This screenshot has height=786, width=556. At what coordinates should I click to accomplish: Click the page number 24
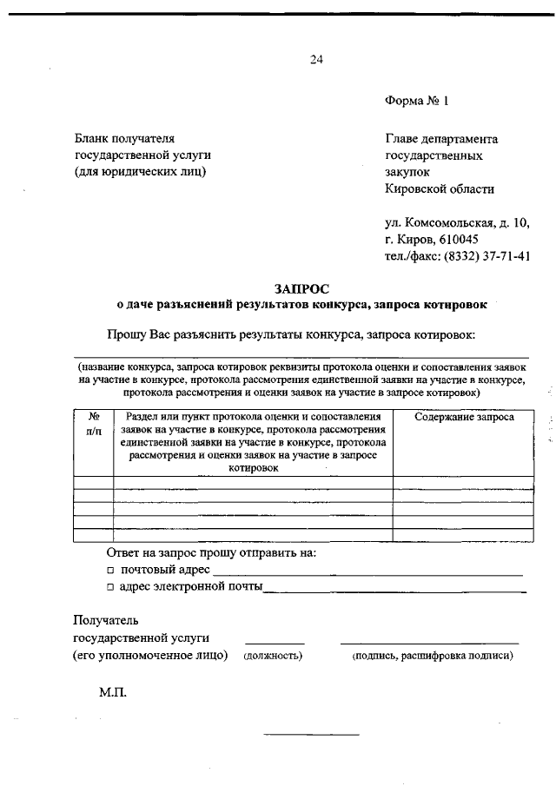[x=315, y=59]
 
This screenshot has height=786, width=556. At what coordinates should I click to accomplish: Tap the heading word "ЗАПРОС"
[x=301, y=288]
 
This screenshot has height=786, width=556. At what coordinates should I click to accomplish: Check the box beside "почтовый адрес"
[x=110, y=571]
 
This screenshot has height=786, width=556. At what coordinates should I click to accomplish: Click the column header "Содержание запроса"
[x=464, y=417]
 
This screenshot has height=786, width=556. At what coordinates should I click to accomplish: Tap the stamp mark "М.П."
[x=113, y=694]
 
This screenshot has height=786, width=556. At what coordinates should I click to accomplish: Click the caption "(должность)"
[x=273, y=656]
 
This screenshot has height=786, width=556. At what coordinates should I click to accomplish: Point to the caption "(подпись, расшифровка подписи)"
[x=432, y=656]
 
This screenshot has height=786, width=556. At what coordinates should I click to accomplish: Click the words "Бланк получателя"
[x=124, y=138]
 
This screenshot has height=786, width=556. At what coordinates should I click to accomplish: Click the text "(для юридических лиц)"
[x=141, y=172]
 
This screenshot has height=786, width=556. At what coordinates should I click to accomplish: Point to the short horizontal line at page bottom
[x=311, y=736]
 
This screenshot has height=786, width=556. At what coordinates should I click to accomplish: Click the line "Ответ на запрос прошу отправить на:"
[x=211, y=552]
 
